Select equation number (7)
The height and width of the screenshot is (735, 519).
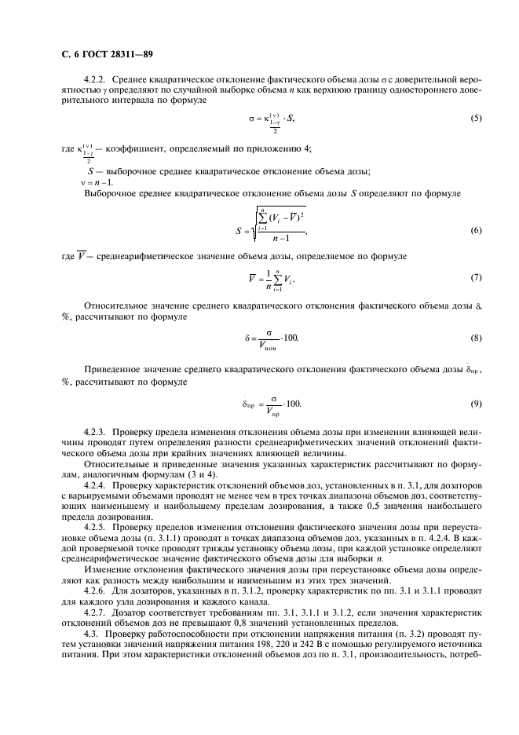tap(475, 278)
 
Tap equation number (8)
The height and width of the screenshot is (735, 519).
tap(475, 338)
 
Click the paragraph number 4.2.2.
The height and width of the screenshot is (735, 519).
tap(95, 80)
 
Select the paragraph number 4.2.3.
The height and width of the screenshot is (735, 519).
tap(95, 432)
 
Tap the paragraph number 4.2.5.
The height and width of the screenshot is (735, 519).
tap(95, 528)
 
